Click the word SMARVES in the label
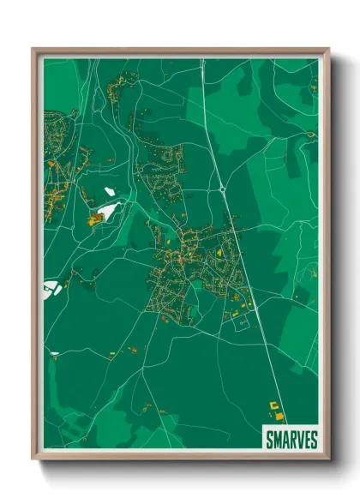tap(291, 440)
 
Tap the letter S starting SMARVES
tap(268, 440)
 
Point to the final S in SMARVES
tap(314, 440)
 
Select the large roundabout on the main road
tap(223, 189)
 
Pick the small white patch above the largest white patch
tap(109, 190)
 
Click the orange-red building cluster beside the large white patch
tap(94, 220)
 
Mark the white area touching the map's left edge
tap(50, 286)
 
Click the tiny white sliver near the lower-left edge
tap(55, 352)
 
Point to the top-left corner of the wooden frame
tap(33, 49)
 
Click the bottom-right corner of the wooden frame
tap(328, 459)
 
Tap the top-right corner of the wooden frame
tap(328, 49)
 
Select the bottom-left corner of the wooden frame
tap(33, 459)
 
